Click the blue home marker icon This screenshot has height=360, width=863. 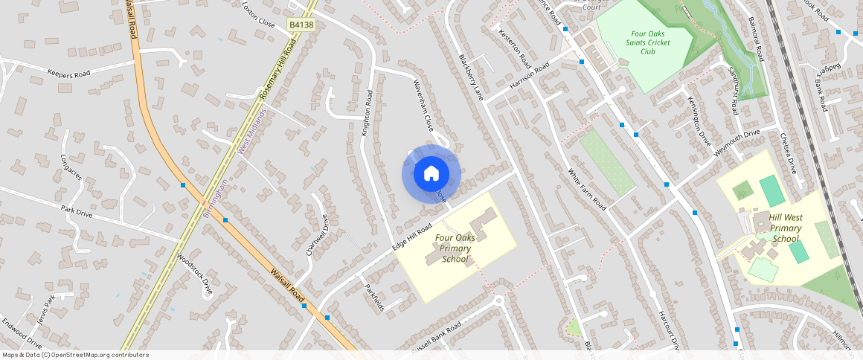click(431, 174)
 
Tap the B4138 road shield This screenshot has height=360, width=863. click(301, 25)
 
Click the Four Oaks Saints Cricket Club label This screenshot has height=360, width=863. click(649, 42)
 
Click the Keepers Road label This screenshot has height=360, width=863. click(68, 74)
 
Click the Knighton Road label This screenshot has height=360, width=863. click(366, 112)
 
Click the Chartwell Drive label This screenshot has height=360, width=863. click(317, 234)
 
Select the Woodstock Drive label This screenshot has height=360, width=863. click(195, 274)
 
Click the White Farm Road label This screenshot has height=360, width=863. click(587, 188)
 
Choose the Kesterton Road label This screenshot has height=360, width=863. click(515, 46)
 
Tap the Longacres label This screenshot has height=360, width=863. click(73, 168)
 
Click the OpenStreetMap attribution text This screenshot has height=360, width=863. click(75, 355)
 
